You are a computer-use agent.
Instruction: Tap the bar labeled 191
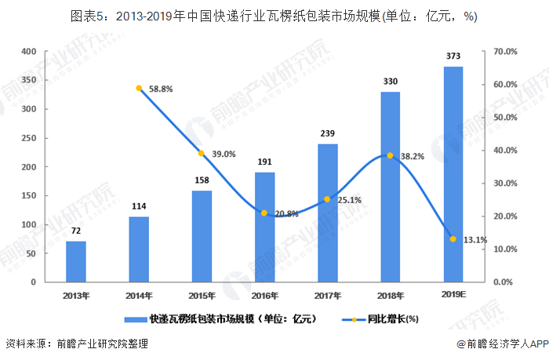tap(264, 227)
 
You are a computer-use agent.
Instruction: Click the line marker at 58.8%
tap(139, 89)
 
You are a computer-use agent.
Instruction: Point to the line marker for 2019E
tap(453, 238)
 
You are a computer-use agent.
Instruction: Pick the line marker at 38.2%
tap(390, 155)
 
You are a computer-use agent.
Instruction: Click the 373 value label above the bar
tap(453, 56)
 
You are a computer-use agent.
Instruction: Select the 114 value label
tap(139, 206)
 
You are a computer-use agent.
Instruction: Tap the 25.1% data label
tap(349, 199)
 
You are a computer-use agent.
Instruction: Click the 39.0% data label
tap(223, 154)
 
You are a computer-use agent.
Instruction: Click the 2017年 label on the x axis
tap(327, 296)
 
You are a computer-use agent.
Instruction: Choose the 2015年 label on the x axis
tap(202, 296)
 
